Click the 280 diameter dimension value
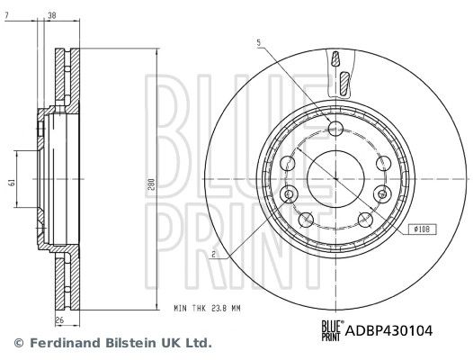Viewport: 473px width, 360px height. [x=152, y=184]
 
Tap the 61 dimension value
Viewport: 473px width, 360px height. [x=13, y=183]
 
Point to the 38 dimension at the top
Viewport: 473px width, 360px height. [x=52, y=15]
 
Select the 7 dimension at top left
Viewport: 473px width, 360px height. [x=6, y=15]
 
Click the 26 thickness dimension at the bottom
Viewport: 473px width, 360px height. [x=60, y=320]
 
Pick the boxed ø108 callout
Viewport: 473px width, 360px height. [x=422, y=230]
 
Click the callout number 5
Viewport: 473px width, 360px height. [x=258, y=43]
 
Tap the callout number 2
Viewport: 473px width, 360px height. [x=214, y=255]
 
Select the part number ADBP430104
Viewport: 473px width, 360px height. [x=388, y=330]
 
